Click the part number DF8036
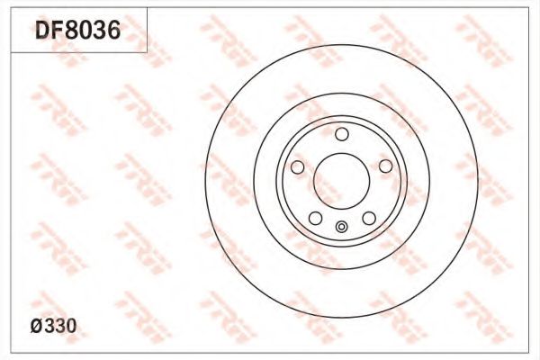tap(78, 30)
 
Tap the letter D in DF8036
tap(42, 30)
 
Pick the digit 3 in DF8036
tap(100, 30)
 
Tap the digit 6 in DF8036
tap(114, 30)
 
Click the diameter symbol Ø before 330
tap(37, 326)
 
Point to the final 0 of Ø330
tap(71, 326)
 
